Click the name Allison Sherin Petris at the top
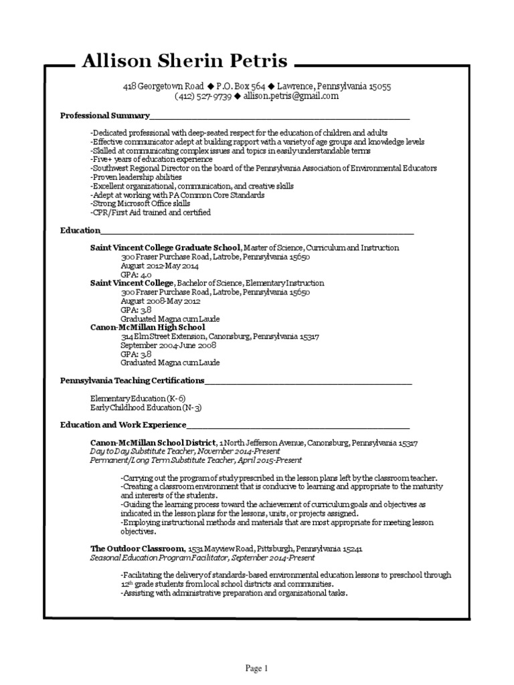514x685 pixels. (x=185, y=62)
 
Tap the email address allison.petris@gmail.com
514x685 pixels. (x=291, y=96)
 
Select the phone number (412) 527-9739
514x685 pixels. (x=203, y=96)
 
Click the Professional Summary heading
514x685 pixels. (x=105, y=116)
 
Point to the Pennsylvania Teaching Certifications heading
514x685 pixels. (x=132, y=381)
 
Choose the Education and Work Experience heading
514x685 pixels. (x=122, y=425)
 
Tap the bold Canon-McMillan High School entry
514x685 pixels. (x=147, y=328)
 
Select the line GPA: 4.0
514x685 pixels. (x=136, y=274)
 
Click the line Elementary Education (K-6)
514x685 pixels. (x=138, y=399)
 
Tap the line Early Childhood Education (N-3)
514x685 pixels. (x=146, y=407)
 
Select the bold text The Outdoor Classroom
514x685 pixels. (x=138, y=549)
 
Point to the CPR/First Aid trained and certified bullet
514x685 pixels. (x=151, y=213)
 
